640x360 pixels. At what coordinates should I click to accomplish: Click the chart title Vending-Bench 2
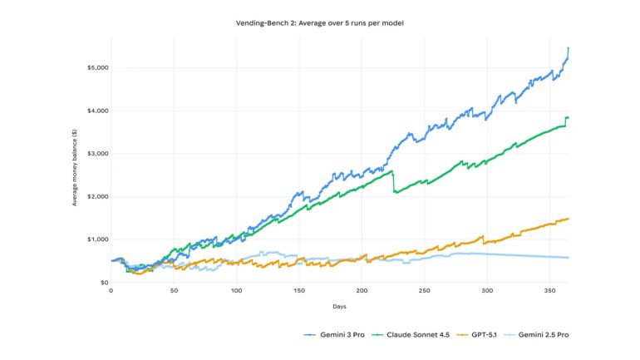coord(320,23)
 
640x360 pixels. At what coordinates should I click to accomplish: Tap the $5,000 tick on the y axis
coord(96,67)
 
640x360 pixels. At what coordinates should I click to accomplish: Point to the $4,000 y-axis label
coord(96,111)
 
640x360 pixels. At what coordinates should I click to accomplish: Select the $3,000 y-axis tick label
coord(96,154)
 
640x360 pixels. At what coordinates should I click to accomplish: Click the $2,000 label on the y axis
coord(96,197)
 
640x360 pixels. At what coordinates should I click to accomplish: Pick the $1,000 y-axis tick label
coord(96,239)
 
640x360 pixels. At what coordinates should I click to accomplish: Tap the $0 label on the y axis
coord(103,283)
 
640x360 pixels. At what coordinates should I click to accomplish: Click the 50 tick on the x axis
coord(174,291)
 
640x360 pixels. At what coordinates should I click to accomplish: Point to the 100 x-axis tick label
coord(236,291)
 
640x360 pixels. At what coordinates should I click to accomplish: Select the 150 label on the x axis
coord(299,291)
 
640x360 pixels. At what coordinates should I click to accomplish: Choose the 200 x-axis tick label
coord(362,291)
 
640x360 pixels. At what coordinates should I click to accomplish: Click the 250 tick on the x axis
coord(425,291)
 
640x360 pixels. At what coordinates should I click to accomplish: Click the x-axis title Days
coord(340,307)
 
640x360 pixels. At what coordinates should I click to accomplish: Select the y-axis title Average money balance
coord(76,175)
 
